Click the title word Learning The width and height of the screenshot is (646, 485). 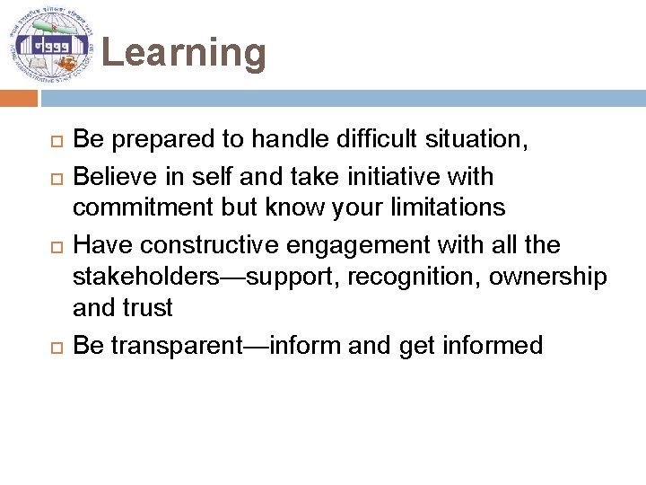[x=184, y=53]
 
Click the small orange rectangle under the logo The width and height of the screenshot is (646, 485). [x=26, y=97]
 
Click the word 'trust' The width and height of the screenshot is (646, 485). [x=149, y=309]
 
